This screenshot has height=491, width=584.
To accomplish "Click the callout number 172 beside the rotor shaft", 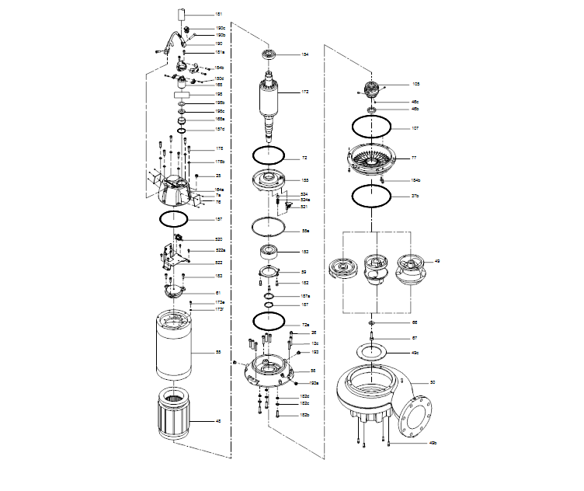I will pyautogui.click(x=305, y=92).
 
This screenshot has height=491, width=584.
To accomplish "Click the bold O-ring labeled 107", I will pyautogui.click(x=371, y=127).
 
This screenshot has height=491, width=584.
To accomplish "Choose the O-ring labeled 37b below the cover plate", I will pyautogui.click(x=371, y=196).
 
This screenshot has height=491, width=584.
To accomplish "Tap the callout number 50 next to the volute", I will pyautogui.click(x=433, y=383).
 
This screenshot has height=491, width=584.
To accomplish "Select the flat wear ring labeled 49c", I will pyautogui.click(x=372, y=353).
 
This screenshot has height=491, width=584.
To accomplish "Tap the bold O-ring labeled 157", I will pyautogui.click(x=174, y=219).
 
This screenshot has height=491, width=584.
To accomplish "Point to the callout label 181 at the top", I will pyautogui.click(x=218, y=15).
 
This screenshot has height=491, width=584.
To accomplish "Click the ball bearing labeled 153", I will pyautogui.click(x=269, y=252).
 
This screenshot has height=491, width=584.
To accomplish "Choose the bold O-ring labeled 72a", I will pyautogui.click(x=269, y=321).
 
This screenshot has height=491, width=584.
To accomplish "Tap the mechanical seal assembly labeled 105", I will pyautogui.click(x=371, y=88).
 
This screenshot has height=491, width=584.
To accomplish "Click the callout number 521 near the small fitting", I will pyautogui.click(x=305, y=207).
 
